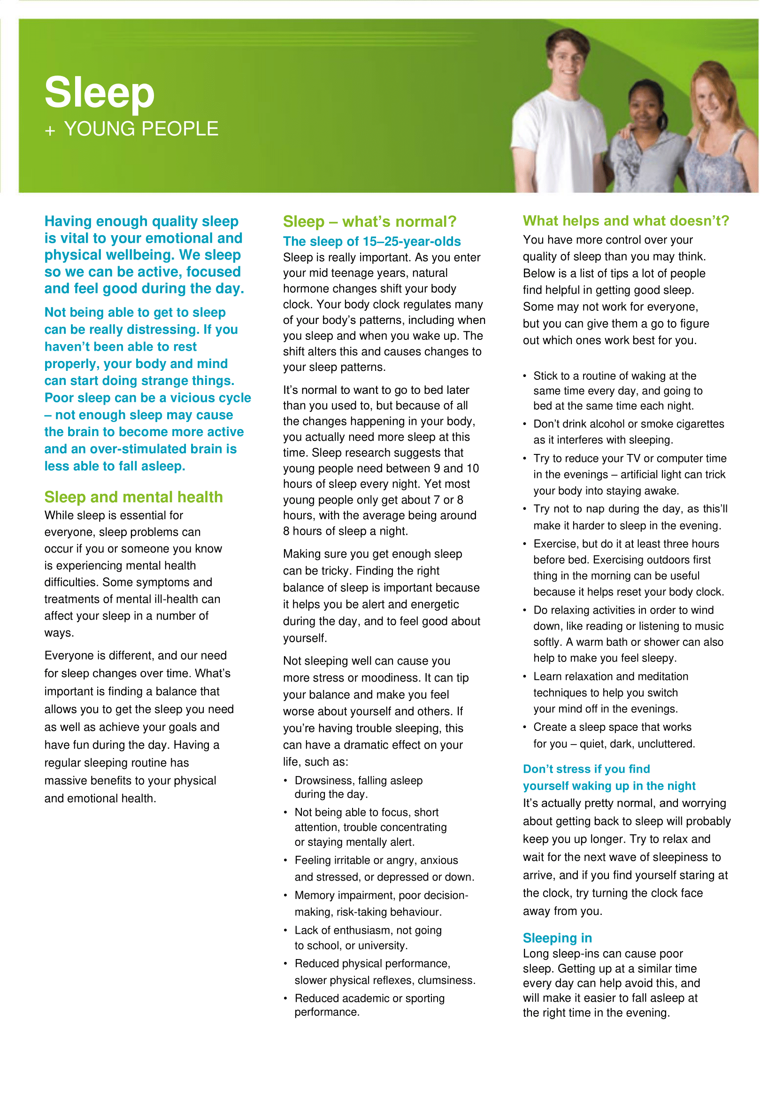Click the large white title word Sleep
[100, 92]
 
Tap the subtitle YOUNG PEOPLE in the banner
[141, 129]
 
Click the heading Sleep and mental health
[133, 497]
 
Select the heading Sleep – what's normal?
[369, 222]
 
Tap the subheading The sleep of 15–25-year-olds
[371, 241]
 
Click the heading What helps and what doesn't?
[626, 221]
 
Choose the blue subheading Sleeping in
[557, 938]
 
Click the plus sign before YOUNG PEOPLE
[50, 131]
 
